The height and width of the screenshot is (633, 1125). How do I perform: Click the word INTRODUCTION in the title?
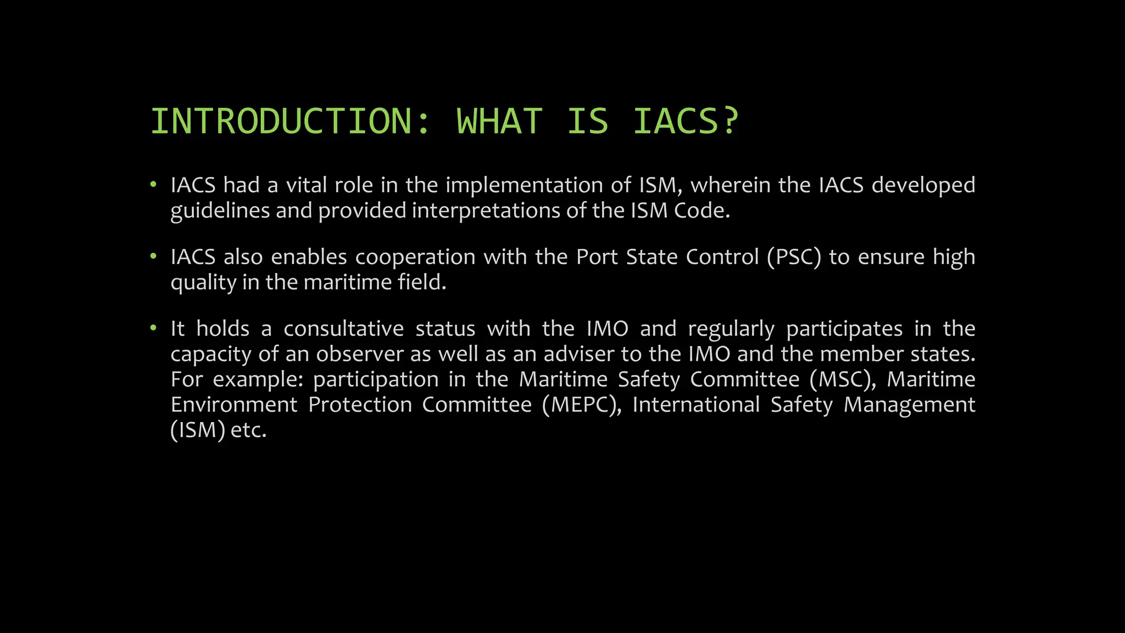coord(281,121)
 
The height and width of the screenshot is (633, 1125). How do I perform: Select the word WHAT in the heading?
coord(499,121)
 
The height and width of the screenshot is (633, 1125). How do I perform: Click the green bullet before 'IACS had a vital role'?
coord(154,185)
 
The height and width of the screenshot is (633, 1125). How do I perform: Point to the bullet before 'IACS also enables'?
coord(154,257)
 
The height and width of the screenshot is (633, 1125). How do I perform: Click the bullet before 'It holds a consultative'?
coord(154,329)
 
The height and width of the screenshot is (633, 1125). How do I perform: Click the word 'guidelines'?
coord(220,211)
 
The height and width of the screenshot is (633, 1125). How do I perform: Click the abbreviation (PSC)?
coord(794,257)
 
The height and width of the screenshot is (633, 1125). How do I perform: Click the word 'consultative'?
coord(343,329)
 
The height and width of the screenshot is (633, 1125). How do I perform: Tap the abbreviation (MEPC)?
coord(581,405)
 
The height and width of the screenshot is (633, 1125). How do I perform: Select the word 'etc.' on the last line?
coord(248,430)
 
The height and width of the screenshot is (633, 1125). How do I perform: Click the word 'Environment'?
coord(234,405)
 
